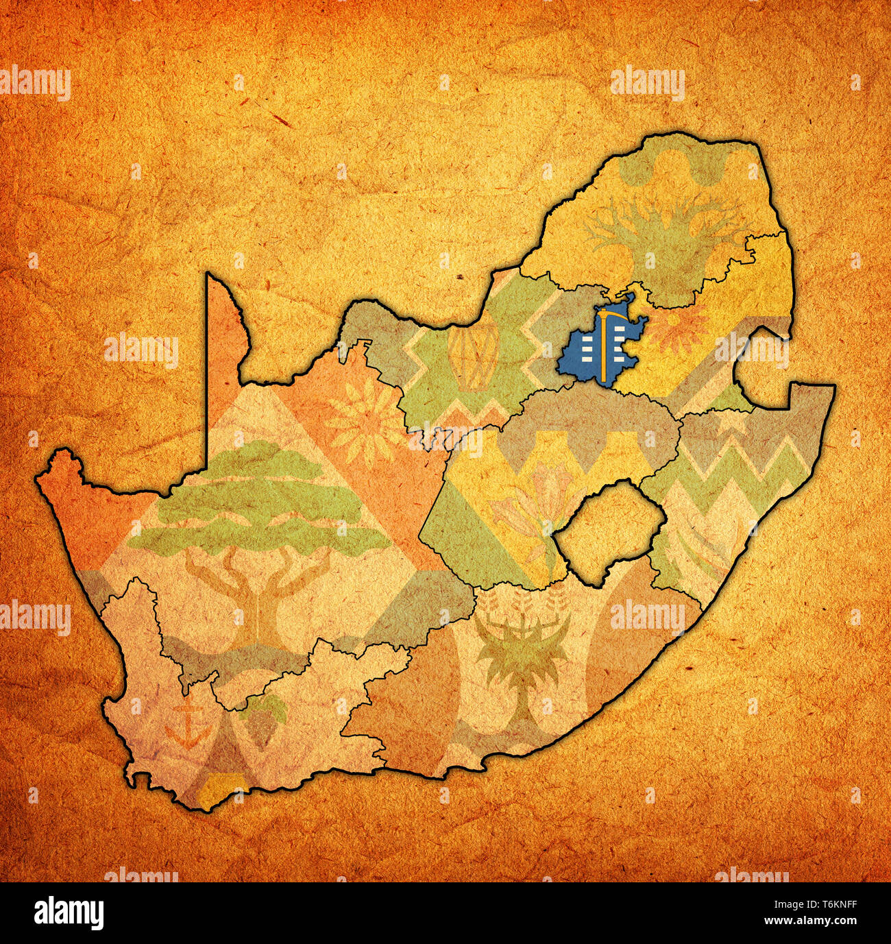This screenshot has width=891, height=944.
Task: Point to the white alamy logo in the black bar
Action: [69, 913]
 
